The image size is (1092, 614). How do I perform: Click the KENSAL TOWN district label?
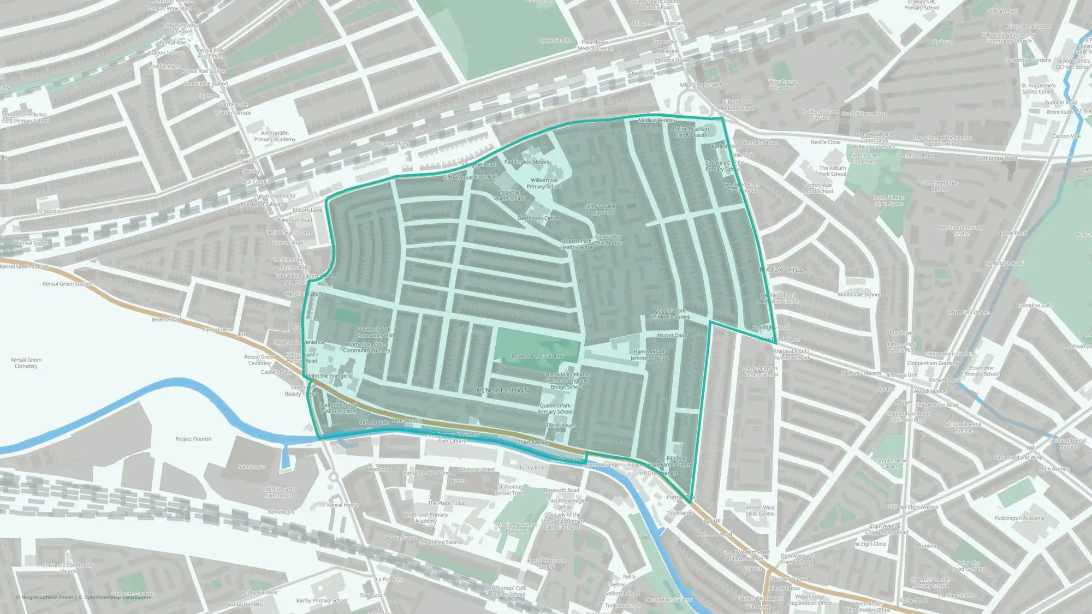point(502,390)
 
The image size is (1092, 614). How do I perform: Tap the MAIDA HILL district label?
point(781,270)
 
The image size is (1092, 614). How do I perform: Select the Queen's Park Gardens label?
point(537,356)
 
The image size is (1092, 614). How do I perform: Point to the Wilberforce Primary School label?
point(544,183)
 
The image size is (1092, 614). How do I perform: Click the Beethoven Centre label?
point(539,218)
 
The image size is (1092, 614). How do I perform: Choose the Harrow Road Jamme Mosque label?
point(649,355)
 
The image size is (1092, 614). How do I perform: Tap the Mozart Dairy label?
point(672,336)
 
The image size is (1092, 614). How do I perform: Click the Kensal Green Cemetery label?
point(26,363)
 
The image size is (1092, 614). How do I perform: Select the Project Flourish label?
point(193,439)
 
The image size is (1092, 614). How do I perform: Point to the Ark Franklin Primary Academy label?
point(275,136)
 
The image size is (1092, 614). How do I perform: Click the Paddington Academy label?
point(1019,518)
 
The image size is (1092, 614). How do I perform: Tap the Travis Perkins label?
point(392,144)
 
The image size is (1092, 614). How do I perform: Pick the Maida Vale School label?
point(858,295)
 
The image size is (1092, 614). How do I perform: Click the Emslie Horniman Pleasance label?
point(517,528)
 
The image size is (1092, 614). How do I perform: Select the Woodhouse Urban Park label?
point(782,85)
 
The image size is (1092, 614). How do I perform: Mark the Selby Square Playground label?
point(600,209)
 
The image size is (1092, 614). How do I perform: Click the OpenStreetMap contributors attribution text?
point(117,597)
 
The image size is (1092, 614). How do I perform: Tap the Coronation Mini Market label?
point(608,240)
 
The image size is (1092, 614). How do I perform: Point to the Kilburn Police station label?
point(657,23)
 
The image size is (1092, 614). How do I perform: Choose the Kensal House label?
point(343,505)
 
